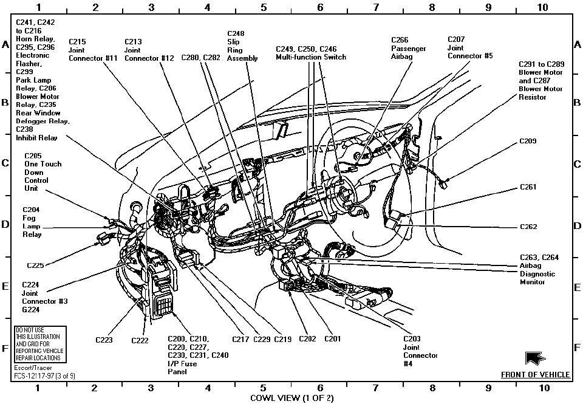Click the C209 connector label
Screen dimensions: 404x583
coord(528,141)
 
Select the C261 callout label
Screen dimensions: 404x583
coord(528,187)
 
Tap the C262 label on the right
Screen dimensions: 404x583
coord(528,227)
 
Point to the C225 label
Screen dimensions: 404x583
coord(36,265)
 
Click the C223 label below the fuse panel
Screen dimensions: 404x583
coord(104,340)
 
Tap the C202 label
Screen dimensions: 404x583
coord(307,339)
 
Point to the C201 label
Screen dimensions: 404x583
coord(332,339)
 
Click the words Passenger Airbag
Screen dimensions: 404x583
coord(408,52)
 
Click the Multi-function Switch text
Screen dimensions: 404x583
coord(311,57)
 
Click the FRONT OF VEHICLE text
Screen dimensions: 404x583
coord(535,375)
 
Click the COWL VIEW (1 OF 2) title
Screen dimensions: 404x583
coord(291,398)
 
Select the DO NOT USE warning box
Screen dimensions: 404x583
coord(39,344)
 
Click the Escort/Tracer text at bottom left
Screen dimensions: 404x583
coord(32,368)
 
